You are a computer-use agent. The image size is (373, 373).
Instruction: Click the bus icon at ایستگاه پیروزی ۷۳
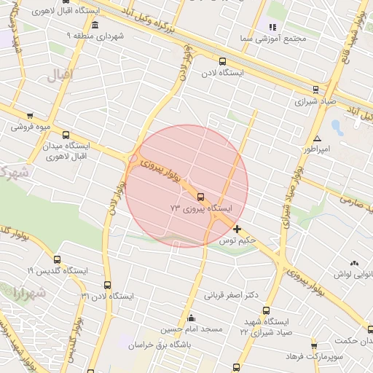(200, 196)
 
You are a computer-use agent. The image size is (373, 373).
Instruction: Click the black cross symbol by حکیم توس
(237, 229)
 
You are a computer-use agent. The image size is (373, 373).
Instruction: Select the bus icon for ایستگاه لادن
(222, 62)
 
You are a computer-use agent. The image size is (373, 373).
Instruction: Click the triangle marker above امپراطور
(317, 138)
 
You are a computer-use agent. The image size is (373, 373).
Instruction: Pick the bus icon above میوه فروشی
(30, 115)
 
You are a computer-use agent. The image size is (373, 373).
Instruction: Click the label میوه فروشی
(30, 126)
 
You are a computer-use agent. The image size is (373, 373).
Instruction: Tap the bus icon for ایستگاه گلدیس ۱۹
(58, 259)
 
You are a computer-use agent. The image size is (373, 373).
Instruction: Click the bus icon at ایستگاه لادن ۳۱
(108, 285)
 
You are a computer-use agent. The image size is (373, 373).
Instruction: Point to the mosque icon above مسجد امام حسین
(192, 318)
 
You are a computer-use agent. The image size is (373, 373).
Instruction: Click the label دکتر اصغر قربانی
(232, 295)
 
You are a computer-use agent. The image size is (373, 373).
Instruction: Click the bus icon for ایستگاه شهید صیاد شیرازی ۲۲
(266, 310)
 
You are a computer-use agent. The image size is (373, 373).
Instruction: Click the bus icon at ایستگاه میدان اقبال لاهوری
(66, 135)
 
